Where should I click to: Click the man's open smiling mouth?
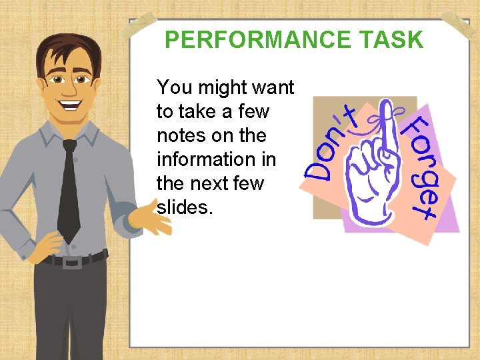coord(69,105)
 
